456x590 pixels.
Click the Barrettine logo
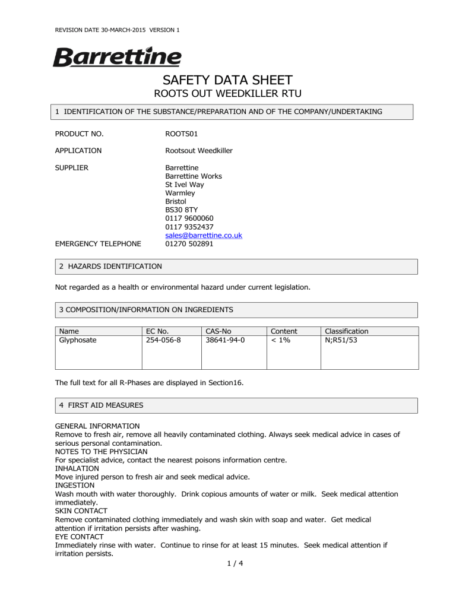(118, 58)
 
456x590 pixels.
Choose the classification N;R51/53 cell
(346, 340)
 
